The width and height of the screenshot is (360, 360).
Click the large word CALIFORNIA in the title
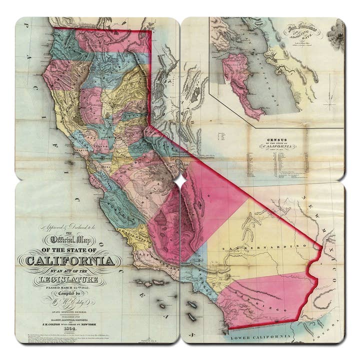69,260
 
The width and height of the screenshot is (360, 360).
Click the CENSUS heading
280,140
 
